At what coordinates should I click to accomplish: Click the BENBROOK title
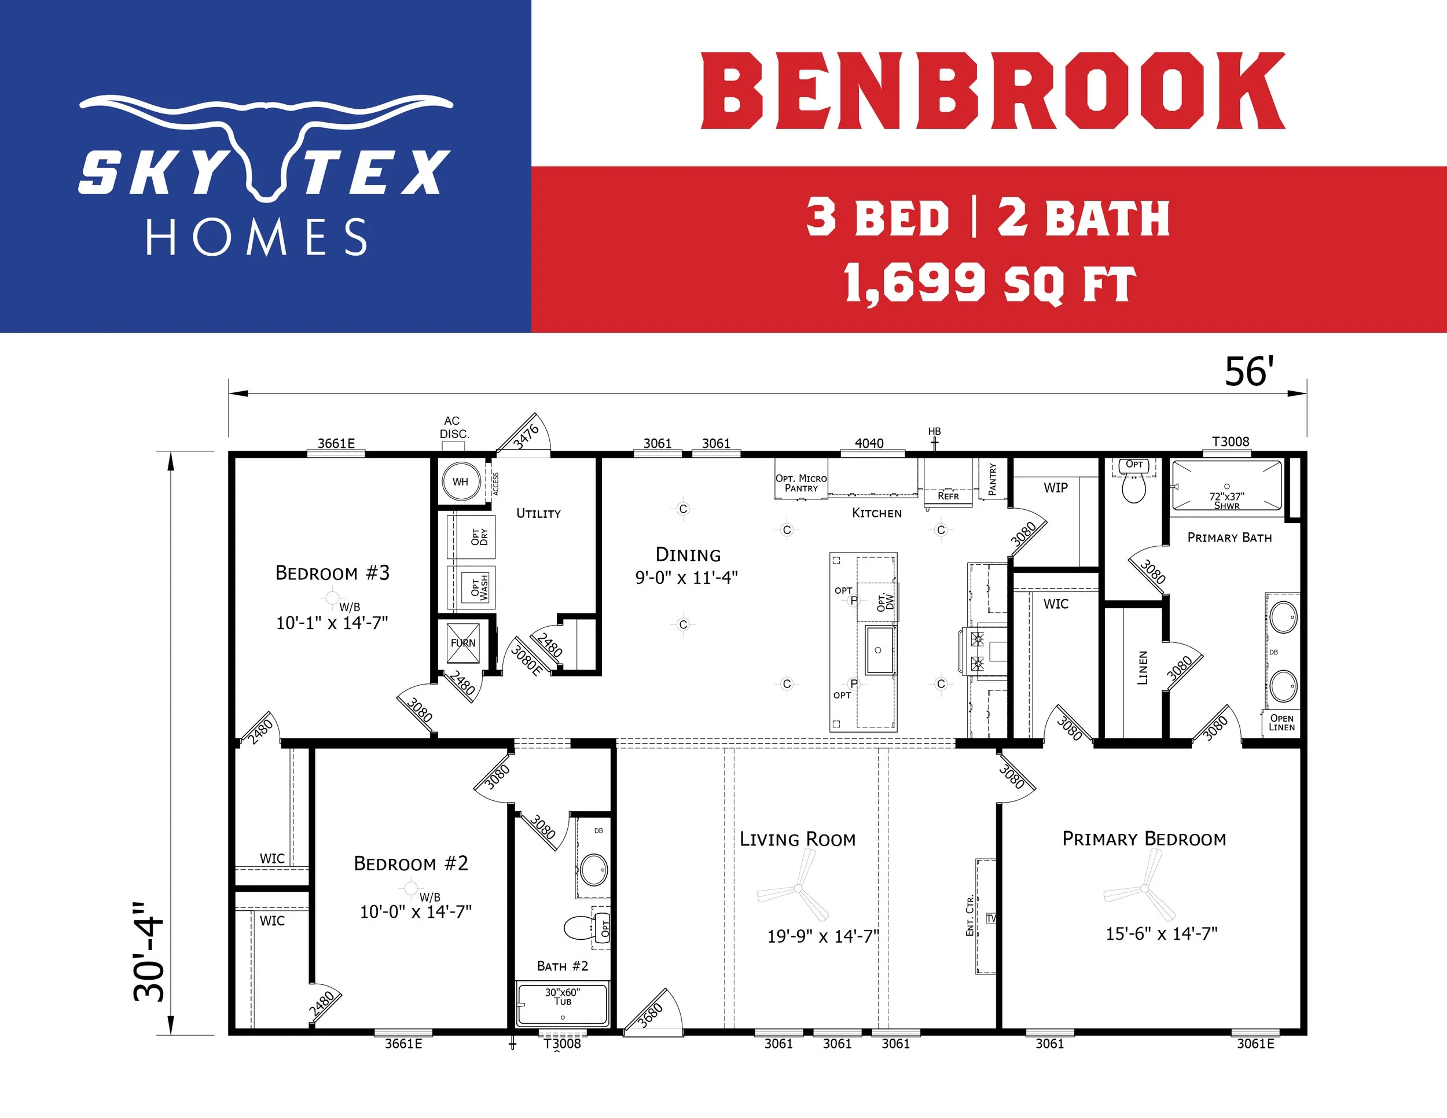tap(993, 91)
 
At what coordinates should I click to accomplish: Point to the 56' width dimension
tap(1249, 372)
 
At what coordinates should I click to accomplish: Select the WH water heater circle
tap(461, 481)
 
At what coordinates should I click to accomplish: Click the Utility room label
tap(539, 513)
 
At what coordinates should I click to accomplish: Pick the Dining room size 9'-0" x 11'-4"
tap(686, 578)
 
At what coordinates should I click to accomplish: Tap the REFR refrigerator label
tap(948, 495)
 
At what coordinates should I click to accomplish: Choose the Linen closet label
tap(1142, 668)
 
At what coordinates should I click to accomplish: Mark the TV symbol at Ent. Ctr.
tap(991, 918)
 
